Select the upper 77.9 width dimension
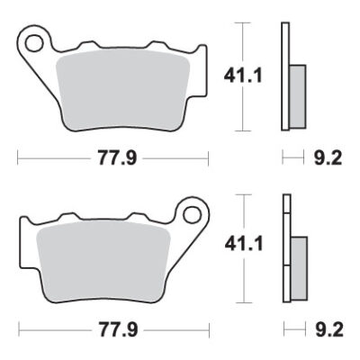[112, 159]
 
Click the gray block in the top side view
[298, 94]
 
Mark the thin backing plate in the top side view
[285, 76]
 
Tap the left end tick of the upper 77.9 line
[18, 159]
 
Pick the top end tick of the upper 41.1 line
[244, 23]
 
